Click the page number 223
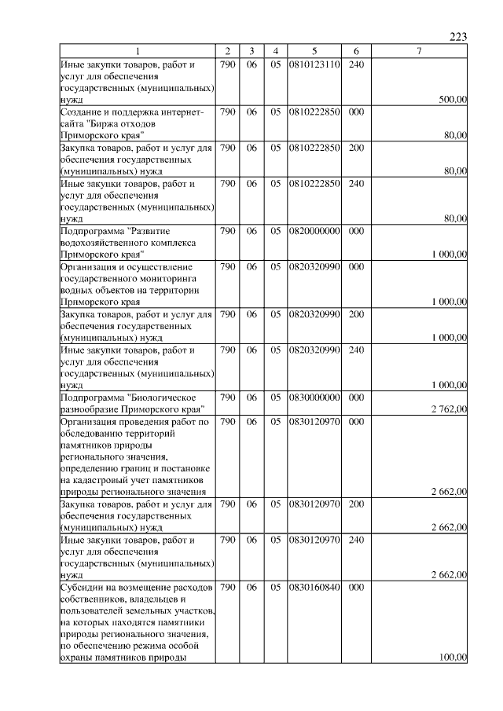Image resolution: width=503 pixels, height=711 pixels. (x=459, y=37)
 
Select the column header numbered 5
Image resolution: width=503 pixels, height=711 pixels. (x=314, y=51)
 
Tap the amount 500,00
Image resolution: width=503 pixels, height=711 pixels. (x=453, y=100)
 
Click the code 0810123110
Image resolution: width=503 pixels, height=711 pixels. (x=314, y=64)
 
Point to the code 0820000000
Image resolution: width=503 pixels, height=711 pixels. (x=314, y=232)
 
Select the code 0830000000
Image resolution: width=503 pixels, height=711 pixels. (x=314, y=398)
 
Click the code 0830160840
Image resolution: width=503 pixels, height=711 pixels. (x=314, y=587)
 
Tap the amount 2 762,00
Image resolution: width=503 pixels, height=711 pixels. (x=449, y=409)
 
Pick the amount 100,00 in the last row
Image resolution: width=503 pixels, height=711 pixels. (x=453, y=658)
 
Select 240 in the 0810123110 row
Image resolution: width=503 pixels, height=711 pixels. (x=355, y=64)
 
